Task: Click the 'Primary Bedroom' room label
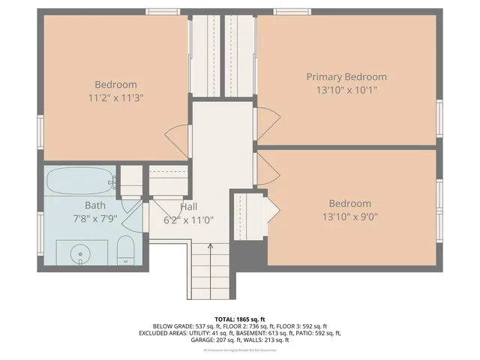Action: pos(346,76)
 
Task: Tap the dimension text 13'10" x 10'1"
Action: pos(346,90)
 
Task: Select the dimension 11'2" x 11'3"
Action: pos(115,97)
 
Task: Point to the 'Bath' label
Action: pos(95,205)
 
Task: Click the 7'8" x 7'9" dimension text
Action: pos(95,218)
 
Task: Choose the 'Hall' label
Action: pos(189,207)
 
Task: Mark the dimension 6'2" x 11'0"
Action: pos(189,220)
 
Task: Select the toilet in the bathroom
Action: pos(126,249)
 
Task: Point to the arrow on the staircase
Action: pos(210,245)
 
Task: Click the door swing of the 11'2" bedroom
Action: pos(178,140)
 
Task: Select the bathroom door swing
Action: pos(133,217)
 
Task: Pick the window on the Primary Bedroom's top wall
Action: pos(292,11)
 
